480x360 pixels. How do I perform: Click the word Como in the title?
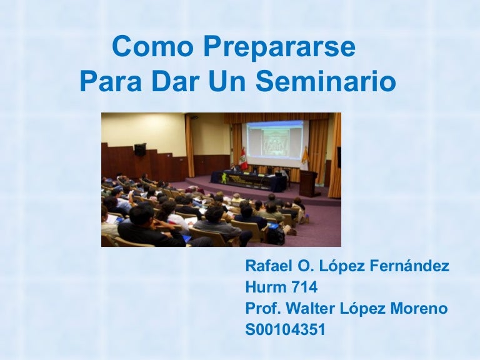tap(153, 46)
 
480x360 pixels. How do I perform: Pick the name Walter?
tap(311, 308)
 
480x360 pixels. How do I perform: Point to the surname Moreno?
tap(419, 308)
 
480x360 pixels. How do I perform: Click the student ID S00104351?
tap(285, 329)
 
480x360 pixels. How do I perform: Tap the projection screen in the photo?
tap(275, 141)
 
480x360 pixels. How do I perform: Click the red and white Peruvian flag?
tap(243, 159)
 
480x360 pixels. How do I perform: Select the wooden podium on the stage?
tap(309, 183)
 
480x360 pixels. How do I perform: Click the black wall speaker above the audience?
tap(140, 150)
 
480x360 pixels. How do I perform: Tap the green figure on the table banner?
tap(225, 178)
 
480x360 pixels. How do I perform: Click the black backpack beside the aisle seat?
tap(276, 235)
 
